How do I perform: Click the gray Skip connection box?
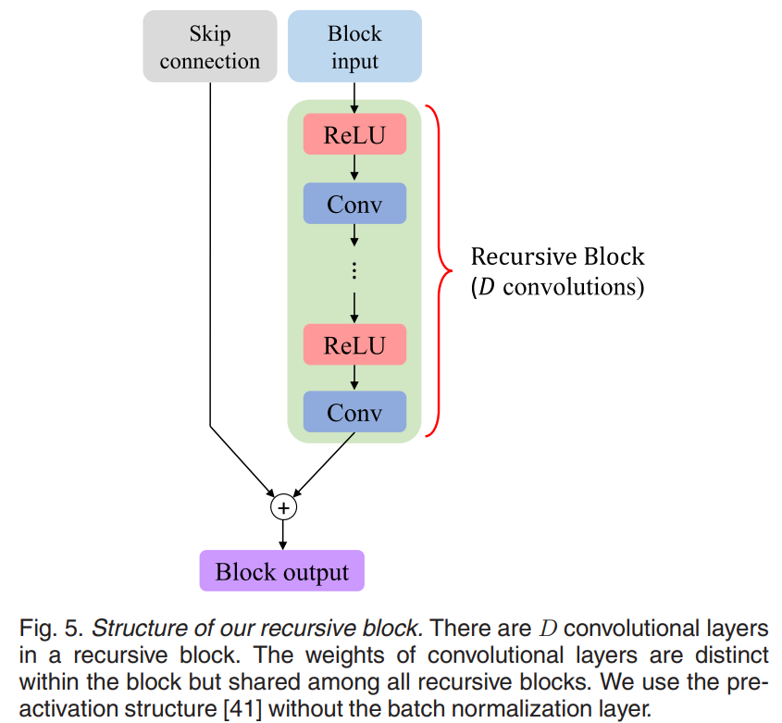(x=210, y=47)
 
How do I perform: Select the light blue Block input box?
(x=354, y=47)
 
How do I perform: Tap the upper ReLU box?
(x=354, y=134)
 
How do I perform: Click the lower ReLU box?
(x=354, y=345)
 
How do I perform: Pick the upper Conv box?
(x=354, y=204)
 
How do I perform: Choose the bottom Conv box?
(x=354, y=412)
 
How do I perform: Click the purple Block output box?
(x=282, y=571)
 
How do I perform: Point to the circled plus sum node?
(x=283, y=507)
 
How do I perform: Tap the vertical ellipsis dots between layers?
(x=354, y=270)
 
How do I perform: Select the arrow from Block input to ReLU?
(x=354, y=97)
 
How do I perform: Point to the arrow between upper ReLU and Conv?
(x=354, y=168)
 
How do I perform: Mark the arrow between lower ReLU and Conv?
(x=354, y=379)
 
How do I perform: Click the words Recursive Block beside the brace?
(x=557, y=256)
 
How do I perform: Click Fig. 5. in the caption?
(x=51, y=629)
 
